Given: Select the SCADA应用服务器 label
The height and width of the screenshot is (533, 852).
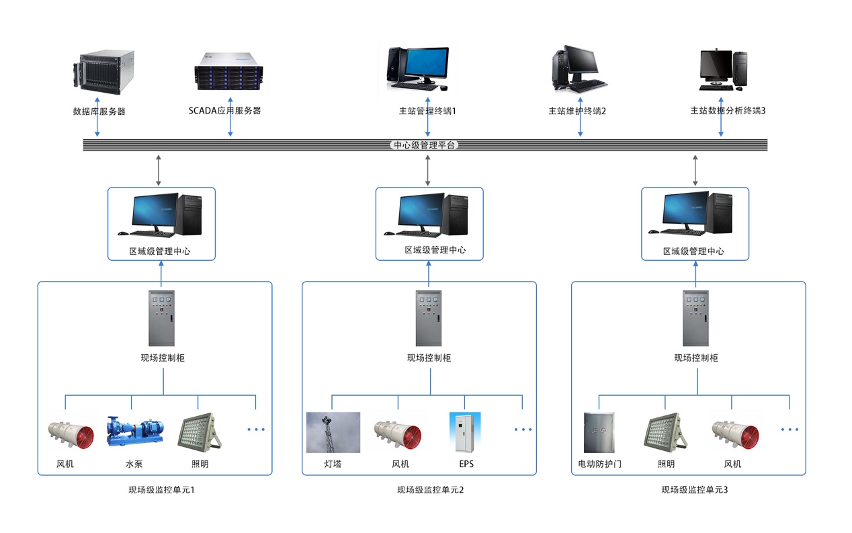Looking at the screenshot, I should [224, 110].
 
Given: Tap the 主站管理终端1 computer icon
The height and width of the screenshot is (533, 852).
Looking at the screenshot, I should [417, 67].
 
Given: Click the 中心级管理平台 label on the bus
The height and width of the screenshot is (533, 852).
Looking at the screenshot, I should [425, 145].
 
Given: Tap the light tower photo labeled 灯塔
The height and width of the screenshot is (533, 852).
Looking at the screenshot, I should [333, 433].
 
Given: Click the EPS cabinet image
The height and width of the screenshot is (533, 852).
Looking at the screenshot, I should [465, 432].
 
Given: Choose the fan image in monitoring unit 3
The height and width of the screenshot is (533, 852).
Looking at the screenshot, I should [734, 432].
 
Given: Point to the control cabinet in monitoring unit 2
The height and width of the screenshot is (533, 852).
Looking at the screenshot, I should [429, 318].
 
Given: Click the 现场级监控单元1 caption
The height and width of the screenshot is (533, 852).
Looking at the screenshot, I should [161, 490].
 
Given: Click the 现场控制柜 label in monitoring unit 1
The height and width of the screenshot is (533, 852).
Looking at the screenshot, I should [163, 358].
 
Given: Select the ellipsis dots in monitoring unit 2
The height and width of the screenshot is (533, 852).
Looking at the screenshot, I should [523, 429].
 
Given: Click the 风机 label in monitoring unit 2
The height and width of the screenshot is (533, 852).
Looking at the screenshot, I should [400, 464].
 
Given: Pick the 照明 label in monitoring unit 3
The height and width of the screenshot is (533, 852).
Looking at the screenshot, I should [666, 464].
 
